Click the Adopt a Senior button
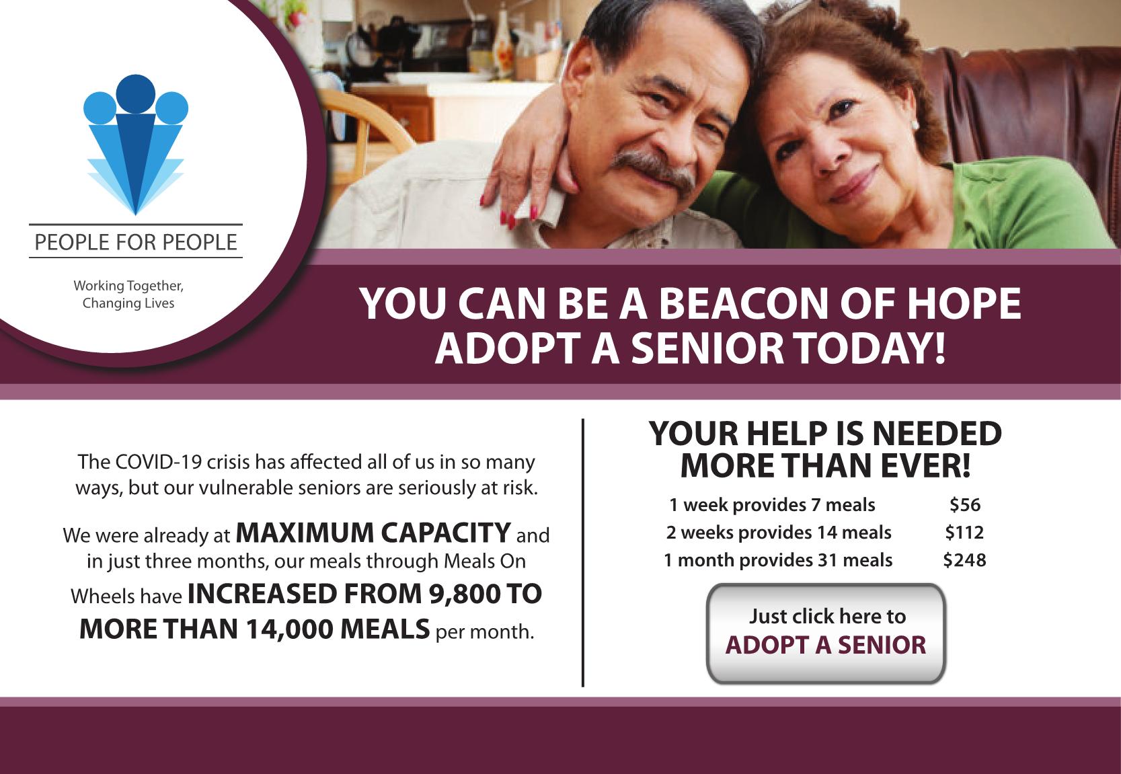point(826,633)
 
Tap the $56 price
point(965,505)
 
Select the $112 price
point(964,533)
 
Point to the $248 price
point(964,560)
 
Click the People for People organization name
point(136,242)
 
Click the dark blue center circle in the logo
point(136,94)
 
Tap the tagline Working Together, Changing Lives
point(128,294)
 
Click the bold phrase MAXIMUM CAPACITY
point(373,533)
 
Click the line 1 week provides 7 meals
point(772,505)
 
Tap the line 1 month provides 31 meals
point(778,560)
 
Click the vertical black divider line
point(583,552)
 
